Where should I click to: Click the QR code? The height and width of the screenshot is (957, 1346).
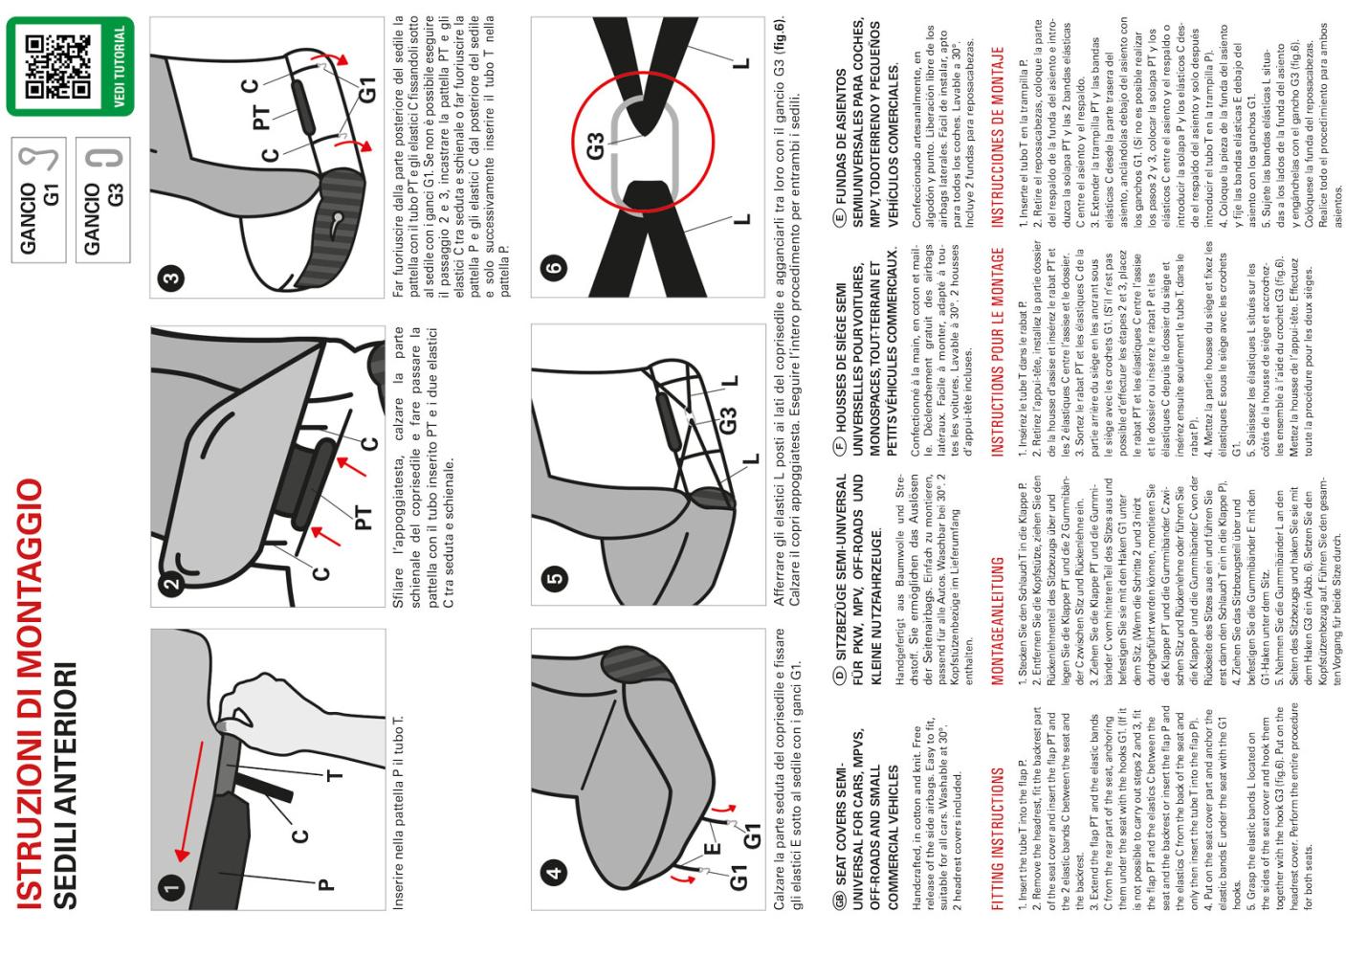(57, 66)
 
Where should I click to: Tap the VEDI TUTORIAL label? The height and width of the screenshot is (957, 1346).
(119, 66)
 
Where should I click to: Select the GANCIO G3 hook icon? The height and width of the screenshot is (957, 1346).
(104, 158)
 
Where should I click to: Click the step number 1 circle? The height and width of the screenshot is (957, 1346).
(172, 888)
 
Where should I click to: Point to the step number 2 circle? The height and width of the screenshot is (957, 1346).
(172, 584)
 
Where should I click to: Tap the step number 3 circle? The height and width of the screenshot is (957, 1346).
(172, 278)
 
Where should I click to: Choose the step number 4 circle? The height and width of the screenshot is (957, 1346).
(554, 872)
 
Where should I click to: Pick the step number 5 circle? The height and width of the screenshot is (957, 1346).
(554, 578)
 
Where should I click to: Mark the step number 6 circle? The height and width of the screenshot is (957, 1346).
(554, 266)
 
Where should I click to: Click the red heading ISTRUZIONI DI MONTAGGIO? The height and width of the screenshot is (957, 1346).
(30, 695)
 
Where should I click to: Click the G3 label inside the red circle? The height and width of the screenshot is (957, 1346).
(595, 146)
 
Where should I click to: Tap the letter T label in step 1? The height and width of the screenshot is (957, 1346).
(335, 775)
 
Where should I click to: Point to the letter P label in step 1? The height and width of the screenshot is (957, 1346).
(325, 884)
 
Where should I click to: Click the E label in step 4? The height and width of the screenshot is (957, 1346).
(712, 849)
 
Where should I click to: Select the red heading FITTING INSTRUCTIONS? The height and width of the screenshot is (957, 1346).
(998, 839)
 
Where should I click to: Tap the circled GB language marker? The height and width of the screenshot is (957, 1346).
(839, 900)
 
